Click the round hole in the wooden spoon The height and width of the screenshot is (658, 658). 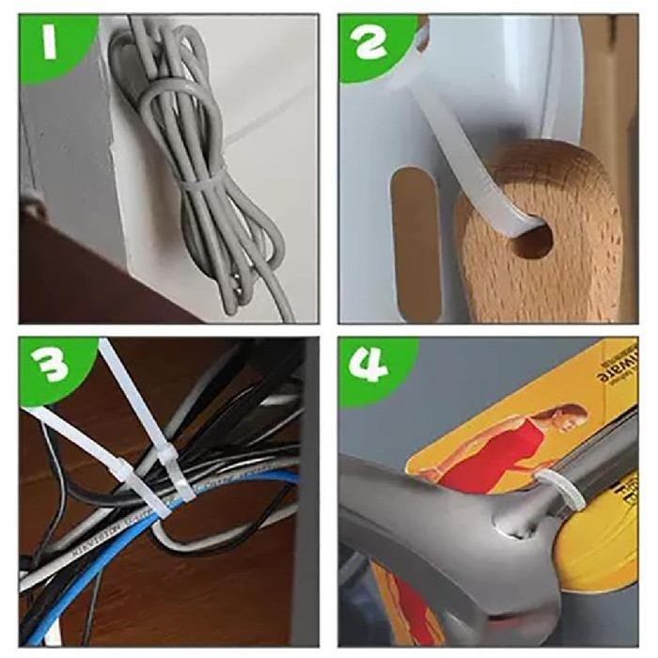coord(531,239)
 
